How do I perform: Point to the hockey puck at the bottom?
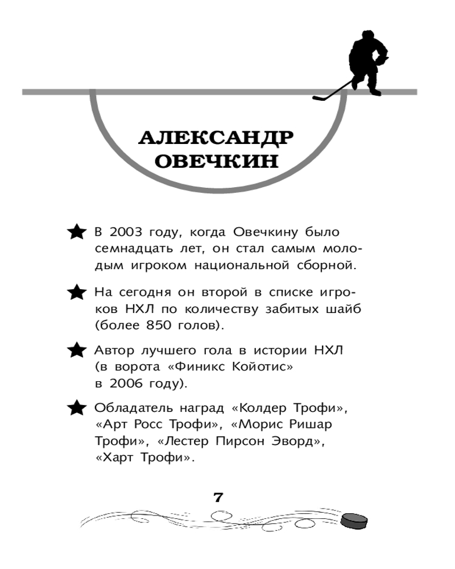[354, 520]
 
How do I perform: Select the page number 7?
[217, 497]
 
